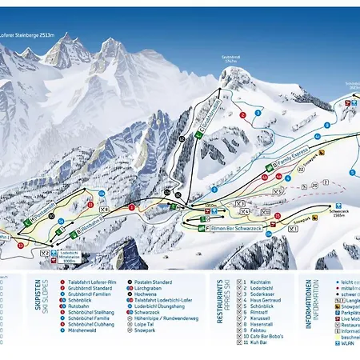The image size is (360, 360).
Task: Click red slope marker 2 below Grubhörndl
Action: tap(242, 114)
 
